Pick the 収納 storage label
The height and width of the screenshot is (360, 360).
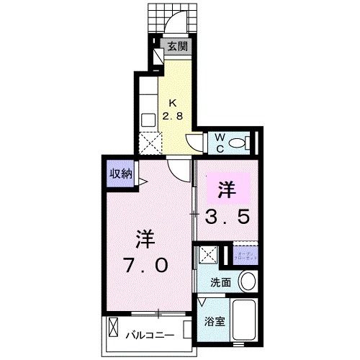[120, 173]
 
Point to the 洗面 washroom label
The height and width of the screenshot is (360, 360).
[220, 282]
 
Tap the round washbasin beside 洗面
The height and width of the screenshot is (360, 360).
[248, 282]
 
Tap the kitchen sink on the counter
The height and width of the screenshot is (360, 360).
[148, 120]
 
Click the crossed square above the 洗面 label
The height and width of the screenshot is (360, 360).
[209, 254]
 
